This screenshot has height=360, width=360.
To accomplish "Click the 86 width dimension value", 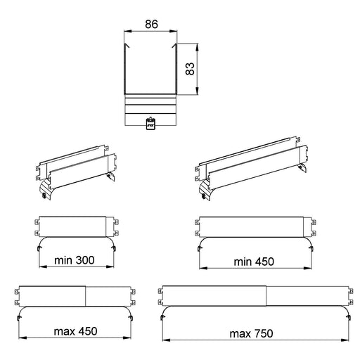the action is pos(151,24).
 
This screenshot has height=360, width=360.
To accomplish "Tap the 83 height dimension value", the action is pos(190,69).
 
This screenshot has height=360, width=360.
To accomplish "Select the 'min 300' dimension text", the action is pos(75,260).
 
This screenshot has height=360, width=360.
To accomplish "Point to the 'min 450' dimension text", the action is pos(254,262).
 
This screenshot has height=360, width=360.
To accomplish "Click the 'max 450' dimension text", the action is pos(75,331).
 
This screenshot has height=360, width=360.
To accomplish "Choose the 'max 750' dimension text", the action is pos(251,333).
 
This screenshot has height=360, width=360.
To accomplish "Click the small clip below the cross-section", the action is pos(150,124).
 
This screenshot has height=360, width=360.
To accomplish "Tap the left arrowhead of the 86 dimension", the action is pos(127,31).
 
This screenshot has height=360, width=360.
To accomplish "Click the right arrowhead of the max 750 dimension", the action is pos(345,340).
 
